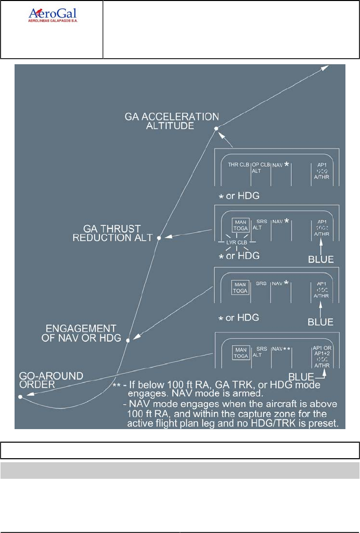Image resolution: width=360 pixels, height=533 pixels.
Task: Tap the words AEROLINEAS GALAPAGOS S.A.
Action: pos(52,22)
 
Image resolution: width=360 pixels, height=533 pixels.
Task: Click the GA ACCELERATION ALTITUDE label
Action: pos(172,121)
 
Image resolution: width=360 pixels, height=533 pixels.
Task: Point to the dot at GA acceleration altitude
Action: pos(216,129)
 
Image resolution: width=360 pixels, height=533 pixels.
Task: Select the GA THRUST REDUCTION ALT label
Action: pos(111,233)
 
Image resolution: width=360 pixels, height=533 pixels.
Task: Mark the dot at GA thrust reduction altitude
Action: pos(159,238)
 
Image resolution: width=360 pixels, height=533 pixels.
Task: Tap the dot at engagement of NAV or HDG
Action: pos(128,340)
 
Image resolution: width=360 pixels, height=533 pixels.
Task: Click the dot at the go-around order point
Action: pos(20,397)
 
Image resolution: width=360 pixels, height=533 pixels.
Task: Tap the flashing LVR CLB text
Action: pos(238,242)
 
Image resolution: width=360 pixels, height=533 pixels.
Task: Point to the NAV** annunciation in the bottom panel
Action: pos(282,348)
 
